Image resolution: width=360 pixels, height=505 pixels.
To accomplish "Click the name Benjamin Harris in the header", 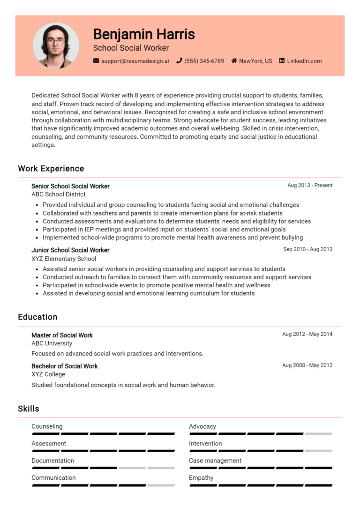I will [x=143, y=34].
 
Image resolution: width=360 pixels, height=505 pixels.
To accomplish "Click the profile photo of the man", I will [x=56, y=45].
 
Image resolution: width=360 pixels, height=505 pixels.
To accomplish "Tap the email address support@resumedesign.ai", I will [x=135, y=61].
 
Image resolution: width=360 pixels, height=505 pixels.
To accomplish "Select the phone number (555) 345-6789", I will [x=204, y=61].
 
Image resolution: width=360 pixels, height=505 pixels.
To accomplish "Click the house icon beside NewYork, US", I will [x=234, y=61].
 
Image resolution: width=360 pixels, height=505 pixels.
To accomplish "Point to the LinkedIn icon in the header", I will [x=282, y=61].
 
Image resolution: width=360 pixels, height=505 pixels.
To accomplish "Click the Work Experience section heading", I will [x=51, y=169].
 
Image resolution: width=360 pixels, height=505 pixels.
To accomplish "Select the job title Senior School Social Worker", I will [x=70, y=186].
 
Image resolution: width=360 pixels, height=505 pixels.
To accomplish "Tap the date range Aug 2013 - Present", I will [x=310, y=186].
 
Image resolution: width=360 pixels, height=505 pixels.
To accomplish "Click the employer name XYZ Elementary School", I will [x=64, y=259].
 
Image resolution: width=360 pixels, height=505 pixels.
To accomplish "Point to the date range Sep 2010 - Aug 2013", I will [x=307, y=249].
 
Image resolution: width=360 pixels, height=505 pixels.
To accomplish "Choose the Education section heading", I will [x=37, y=317].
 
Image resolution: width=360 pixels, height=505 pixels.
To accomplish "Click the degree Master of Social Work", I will [x=62, y=335].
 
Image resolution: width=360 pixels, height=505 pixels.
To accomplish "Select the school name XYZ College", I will [x=48, y=374].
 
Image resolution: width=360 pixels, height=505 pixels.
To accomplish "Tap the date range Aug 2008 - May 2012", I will [x=307, y=365].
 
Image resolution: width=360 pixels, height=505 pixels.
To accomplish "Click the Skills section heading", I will [x=29, y=409].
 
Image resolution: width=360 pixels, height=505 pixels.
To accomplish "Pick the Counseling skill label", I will [x=47, y=426].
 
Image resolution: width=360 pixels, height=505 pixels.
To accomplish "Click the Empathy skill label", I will [x=201, y=478].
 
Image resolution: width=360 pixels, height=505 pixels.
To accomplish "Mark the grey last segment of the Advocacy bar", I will [x=318, y=434].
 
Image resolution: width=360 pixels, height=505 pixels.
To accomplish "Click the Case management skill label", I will [x=215, y=460].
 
